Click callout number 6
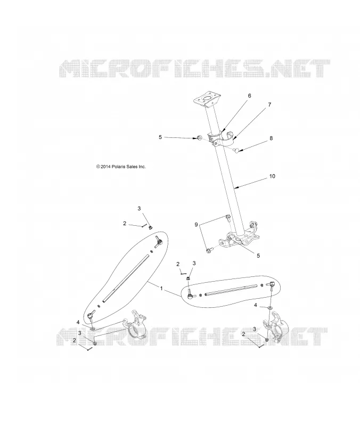(x=249, y=96)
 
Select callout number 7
(x=269, y=104)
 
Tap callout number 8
(x=271, y=138)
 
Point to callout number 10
(x=272, y=176)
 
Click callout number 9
(x=196, y=224)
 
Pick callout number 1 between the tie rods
(x=161, y=288)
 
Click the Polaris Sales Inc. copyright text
(x=121, y=167)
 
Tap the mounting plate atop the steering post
(x=207, y=100)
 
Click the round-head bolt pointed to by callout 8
(x=236, y=149)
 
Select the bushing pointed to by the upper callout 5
(x=200, y=138)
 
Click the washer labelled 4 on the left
(x=92, y=329)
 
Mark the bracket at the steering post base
(x=239, y=236)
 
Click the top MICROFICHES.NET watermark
(x=194, y=68)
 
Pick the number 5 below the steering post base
(x=258, y=256)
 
